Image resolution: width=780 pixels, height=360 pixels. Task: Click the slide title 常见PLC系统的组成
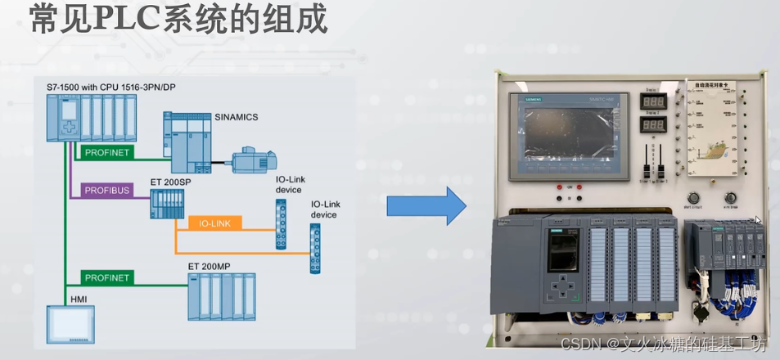tap(178, 20)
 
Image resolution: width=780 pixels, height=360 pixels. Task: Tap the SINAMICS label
tap(236, 117)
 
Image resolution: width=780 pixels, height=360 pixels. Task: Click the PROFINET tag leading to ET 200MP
tap(107, 278)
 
